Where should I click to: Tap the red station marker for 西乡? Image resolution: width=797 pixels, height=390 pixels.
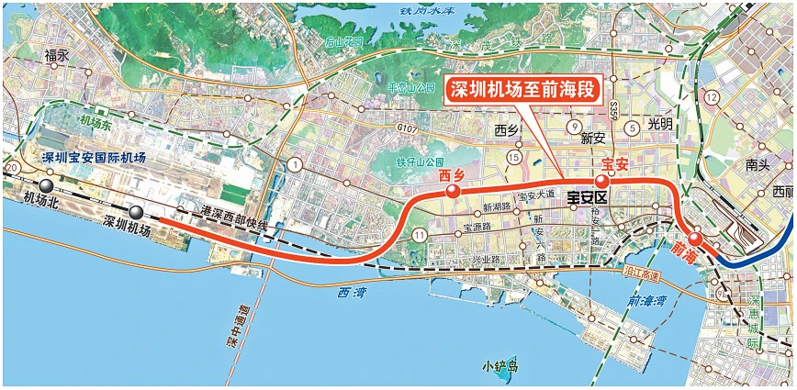[452, 192]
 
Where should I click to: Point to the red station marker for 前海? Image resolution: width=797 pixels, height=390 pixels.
[696, 240]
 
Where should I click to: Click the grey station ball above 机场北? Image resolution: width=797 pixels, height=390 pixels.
[44, 185]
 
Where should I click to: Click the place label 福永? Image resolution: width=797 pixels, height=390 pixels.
[57, 56]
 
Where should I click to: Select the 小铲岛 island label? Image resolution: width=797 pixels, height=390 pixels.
[500, 366]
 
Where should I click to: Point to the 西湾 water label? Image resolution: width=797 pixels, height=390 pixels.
[339, 294]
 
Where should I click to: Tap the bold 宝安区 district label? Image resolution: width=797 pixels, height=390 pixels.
[587, 197]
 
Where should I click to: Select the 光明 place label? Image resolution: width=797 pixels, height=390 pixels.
[659, 123]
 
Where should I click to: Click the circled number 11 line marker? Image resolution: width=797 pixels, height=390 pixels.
[420, 237]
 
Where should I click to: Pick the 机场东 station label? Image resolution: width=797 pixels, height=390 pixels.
[95, 120]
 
